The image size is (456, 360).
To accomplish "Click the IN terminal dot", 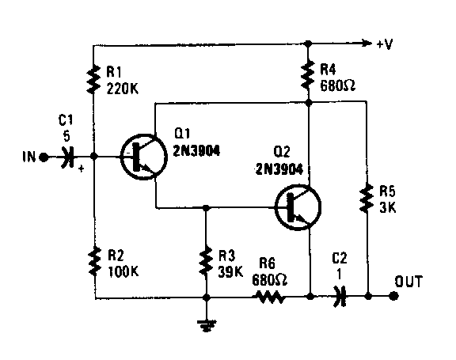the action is [x=44, y=157].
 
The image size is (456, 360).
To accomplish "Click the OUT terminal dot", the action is [x=393, y=297].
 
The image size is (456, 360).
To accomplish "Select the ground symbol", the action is [x=206, y=325].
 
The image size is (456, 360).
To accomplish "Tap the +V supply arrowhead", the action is [x=367, y=44].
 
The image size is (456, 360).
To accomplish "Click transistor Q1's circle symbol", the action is [x=143, y=157].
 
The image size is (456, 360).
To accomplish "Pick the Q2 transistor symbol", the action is [x=298, y=207].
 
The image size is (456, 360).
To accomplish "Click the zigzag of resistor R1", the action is [x=93, y=80].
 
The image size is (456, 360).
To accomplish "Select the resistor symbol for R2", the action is [x=94, y=262].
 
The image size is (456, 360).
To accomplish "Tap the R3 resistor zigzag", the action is [x=206, y=261].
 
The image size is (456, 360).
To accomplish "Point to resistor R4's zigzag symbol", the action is [x=308, y=75].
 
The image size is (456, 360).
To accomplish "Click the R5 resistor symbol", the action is [x=367, y=198].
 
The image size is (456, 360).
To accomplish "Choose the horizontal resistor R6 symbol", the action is [x=270, y=297].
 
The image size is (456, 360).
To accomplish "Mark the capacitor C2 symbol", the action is [x=340, y=297].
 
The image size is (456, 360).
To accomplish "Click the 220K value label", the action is [x=123, y=89].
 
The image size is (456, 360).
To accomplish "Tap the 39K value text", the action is [x=230, y=272].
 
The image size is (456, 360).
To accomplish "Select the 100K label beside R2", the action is [x=123, y=271].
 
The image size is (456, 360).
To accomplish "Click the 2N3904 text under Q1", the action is [x=196, y=150].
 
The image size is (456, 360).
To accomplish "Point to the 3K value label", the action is [x=388, y=207].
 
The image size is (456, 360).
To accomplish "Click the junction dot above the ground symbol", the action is [x=206, y=297].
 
